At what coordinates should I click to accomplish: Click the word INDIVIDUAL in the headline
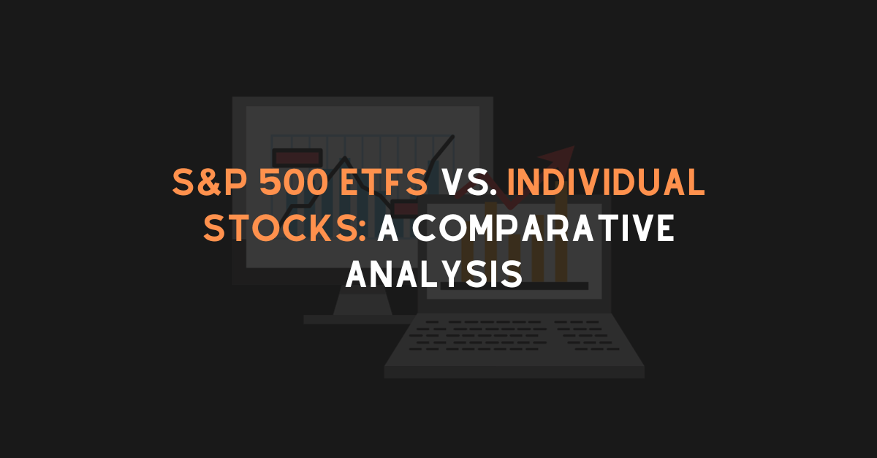pyautogui.click(x=606, y=183)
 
